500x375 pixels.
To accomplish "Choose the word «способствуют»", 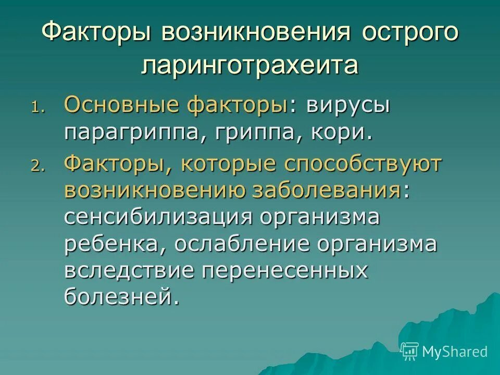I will click(362, 165).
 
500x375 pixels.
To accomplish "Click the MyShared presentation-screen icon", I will click(410, 352).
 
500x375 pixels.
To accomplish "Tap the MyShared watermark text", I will click(455, 352).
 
